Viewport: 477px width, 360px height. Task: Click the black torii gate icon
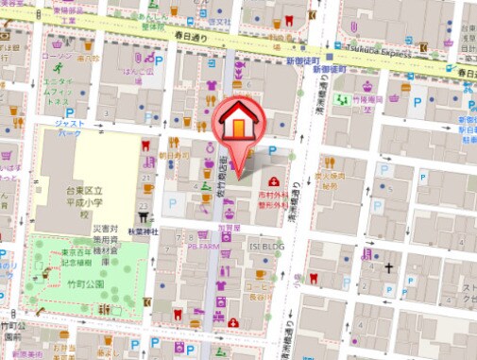(x=145, y=215)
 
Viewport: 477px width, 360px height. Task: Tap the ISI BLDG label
(x=266, y=245)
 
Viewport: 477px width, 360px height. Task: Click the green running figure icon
(x=57, y=69)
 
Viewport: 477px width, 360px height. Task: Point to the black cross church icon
(x=386, y=267)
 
